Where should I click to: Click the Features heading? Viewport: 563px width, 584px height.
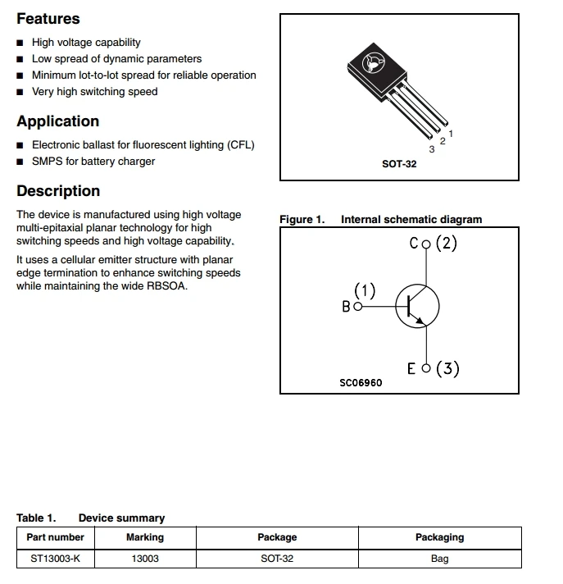[48, 18]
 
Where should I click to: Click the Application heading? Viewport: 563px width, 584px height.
[57, 121]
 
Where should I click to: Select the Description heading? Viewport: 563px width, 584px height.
[58, 191]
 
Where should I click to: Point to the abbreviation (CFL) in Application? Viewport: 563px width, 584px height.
[238, 145]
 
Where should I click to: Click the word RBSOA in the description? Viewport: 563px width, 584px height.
[166, 286]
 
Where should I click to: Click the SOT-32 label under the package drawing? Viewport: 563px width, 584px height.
[399, 164]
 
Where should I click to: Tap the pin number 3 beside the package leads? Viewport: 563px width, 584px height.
[432, 149]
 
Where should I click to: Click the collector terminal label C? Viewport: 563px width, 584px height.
[414, 244]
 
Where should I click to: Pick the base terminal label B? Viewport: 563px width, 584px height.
[346, 307]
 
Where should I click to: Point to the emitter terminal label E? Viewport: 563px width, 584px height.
[411, 368]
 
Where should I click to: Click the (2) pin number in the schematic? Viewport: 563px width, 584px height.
[446, 244]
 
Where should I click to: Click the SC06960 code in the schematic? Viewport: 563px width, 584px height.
[361, 383]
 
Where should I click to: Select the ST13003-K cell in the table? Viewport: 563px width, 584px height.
[55, 559]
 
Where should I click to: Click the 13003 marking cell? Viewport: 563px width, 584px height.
[145, 559]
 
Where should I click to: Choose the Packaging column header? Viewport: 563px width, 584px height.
[439, 537]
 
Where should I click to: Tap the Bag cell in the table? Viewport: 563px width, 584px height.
[439, 559]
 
